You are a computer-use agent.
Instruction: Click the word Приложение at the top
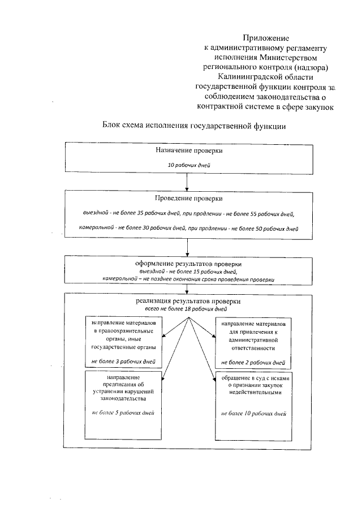pos(265,38)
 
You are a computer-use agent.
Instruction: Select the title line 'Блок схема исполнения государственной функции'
pos(193,126)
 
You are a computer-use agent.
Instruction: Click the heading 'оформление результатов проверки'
pos(188,264)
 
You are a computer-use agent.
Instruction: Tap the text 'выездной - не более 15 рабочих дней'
pos(188,272)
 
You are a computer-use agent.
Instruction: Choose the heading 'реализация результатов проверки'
pos(188,302)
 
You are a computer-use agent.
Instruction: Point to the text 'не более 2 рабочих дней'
pos(253,360)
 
